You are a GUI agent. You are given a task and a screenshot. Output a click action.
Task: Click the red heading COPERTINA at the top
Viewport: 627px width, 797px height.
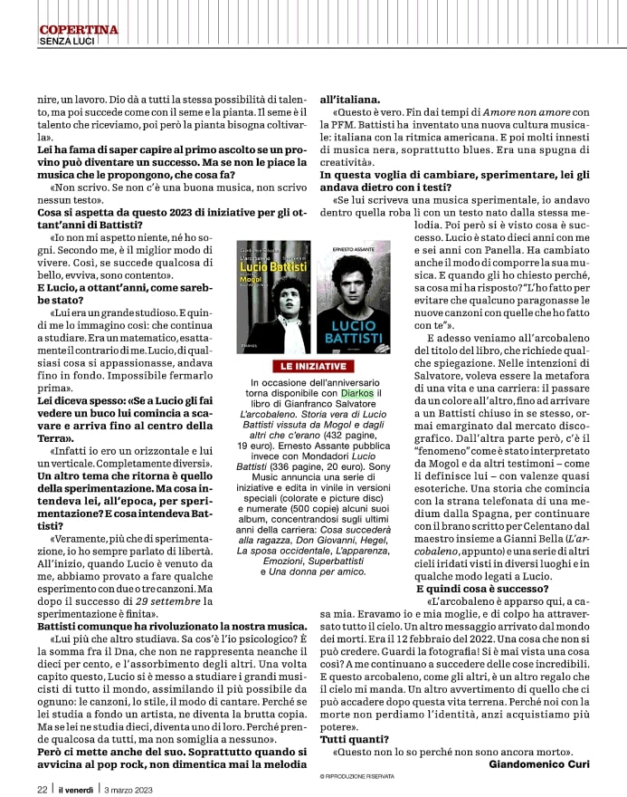tap(79, 30)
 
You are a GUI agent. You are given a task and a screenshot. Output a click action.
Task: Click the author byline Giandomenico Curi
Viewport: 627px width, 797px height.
tap(538, 763)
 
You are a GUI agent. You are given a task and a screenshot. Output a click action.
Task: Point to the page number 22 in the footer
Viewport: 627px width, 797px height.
tap(42, 788)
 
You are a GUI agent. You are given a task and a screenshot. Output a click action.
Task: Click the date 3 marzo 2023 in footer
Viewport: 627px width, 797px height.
tap(128, 788)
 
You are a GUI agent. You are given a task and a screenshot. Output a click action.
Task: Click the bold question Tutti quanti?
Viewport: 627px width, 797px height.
tap(348, 739)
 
